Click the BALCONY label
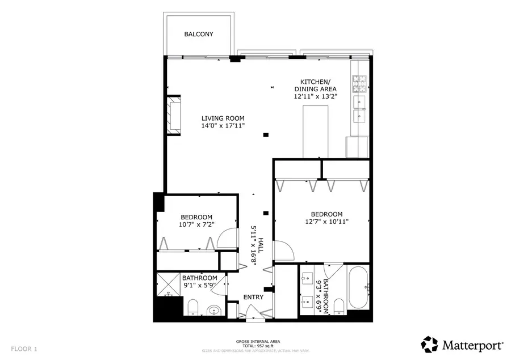[x=198, y=34]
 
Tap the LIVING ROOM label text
[x=223, y=118]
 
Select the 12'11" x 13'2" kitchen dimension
[x=315, y=96]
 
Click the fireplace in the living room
[x=173, y=116]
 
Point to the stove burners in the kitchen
[x=360, y=84]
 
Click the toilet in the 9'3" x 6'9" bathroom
[x=339, y=307]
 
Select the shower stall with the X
[x=169, y=285]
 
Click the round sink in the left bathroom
[x=213, y=310]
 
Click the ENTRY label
[x=253, y=298]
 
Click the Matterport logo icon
[x=430, y=344]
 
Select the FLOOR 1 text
[x=24, y=349]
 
